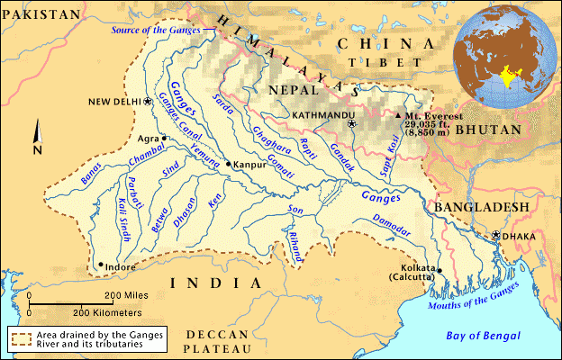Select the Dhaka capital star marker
tap(494, 236)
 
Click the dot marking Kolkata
tap(440, 268)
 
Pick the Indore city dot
tap(100, 265)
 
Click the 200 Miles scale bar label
tap(125, 295)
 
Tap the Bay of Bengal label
tap(483, 336)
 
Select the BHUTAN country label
tap(487, 130)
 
